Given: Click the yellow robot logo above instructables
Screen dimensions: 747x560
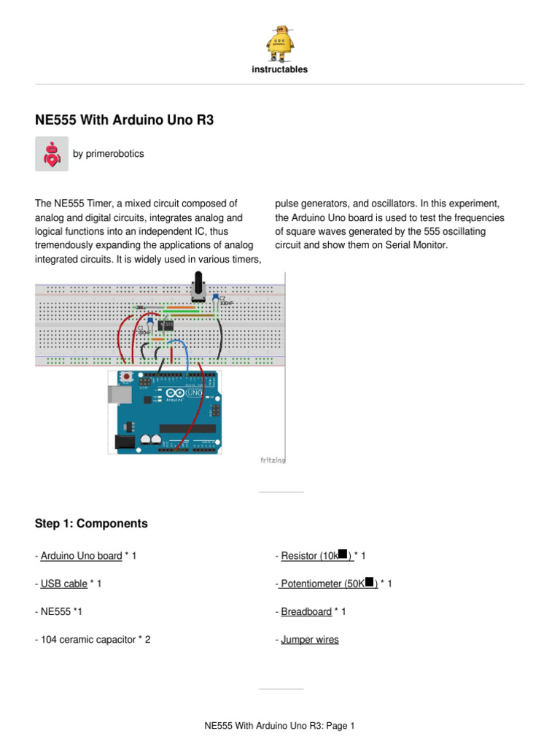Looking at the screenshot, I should tap(280, 44).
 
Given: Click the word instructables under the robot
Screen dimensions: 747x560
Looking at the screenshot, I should tap(280, 70).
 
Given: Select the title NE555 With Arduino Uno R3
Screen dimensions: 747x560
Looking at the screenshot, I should tap(125, 120).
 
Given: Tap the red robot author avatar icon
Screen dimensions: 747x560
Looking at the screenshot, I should tap(52, 154).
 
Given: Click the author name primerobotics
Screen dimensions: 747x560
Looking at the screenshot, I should tap(108, 154).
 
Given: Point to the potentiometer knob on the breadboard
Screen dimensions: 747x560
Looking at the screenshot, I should tap(197, 286).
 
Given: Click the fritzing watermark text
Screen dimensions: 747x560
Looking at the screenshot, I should tap(273, 460).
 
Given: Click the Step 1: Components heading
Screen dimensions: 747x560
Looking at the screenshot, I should tap(91, 524).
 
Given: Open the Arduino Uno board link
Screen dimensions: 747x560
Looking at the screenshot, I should tap(81, 556).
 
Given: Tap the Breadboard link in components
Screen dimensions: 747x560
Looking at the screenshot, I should tap(306, 612).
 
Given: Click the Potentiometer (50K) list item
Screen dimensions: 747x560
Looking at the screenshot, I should tap(328, 584).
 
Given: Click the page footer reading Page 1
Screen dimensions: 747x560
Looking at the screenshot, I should tap(280, 726).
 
